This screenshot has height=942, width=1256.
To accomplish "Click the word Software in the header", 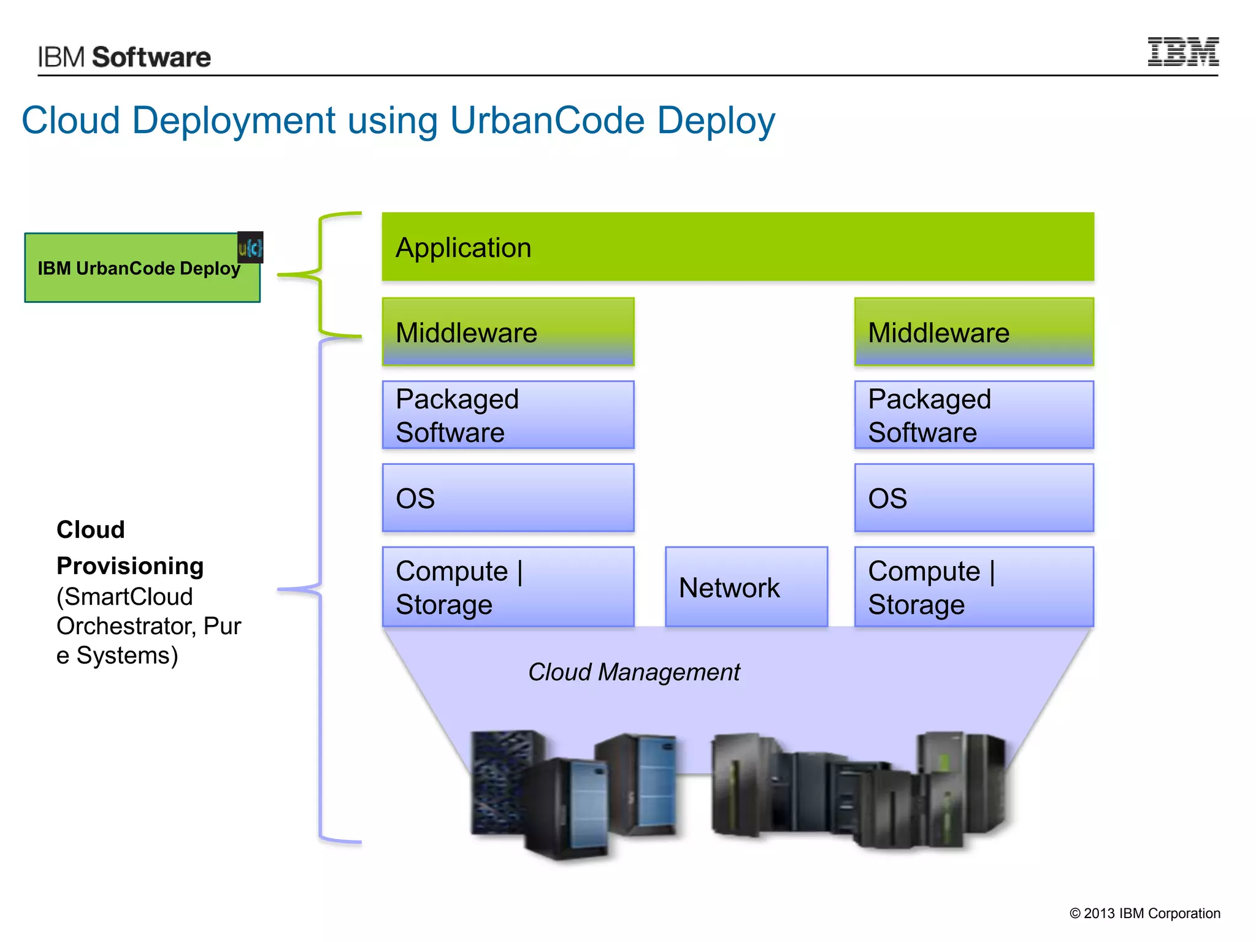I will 151,57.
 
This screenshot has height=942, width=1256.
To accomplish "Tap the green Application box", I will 737,247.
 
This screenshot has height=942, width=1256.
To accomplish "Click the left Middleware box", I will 508,332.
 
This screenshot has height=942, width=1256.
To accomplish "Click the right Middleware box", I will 973,332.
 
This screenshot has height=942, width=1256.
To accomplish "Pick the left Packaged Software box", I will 508,415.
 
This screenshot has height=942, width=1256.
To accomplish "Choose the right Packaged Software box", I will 973,415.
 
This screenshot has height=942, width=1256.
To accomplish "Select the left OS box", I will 508,497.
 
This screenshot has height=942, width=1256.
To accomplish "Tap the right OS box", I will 973,497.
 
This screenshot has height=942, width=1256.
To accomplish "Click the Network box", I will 746,587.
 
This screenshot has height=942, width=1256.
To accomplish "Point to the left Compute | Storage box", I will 508,587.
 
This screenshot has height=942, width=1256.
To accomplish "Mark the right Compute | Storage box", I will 973,587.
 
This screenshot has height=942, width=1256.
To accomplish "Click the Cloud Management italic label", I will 634,672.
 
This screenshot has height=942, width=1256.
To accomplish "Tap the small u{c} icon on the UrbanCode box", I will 250,247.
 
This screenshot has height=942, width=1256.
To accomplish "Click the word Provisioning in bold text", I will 130,565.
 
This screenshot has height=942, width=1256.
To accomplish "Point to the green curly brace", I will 320,275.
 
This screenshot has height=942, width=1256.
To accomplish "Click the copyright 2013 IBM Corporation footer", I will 1144,913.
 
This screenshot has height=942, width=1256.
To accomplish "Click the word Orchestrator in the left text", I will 126,626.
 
